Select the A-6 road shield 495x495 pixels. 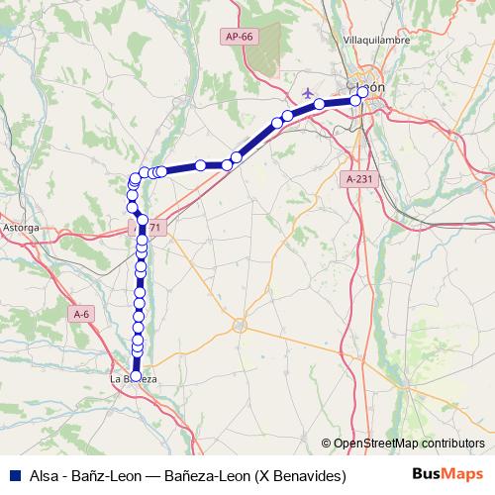coord(81,313)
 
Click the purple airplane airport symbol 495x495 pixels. coord(308,91)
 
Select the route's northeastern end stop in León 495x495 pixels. coord(363,91)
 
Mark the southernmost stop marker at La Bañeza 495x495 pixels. coord(137,362)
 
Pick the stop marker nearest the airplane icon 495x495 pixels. coord(320,104)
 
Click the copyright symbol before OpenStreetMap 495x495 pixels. coord(327,444)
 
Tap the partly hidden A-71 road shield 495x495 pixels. coord(153,228)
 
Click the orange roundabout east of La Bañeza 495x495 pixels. coord(239,325)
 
